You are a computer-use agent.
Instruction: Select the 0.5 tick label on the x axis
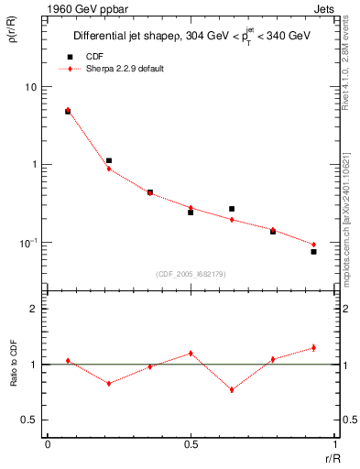coord(191,444)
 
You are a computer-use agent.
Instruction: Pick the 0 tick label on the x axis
coord(48,444)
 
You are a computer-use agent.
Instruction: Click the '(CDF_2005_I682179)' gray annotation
coord(191,273)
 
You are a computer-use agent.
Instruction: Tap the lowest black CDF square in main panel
coord(313,251)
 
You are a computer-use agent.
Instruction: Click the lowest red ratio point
coord(232,389)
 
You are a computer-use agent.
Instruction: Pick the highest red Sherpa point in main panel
coord(68,110)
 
